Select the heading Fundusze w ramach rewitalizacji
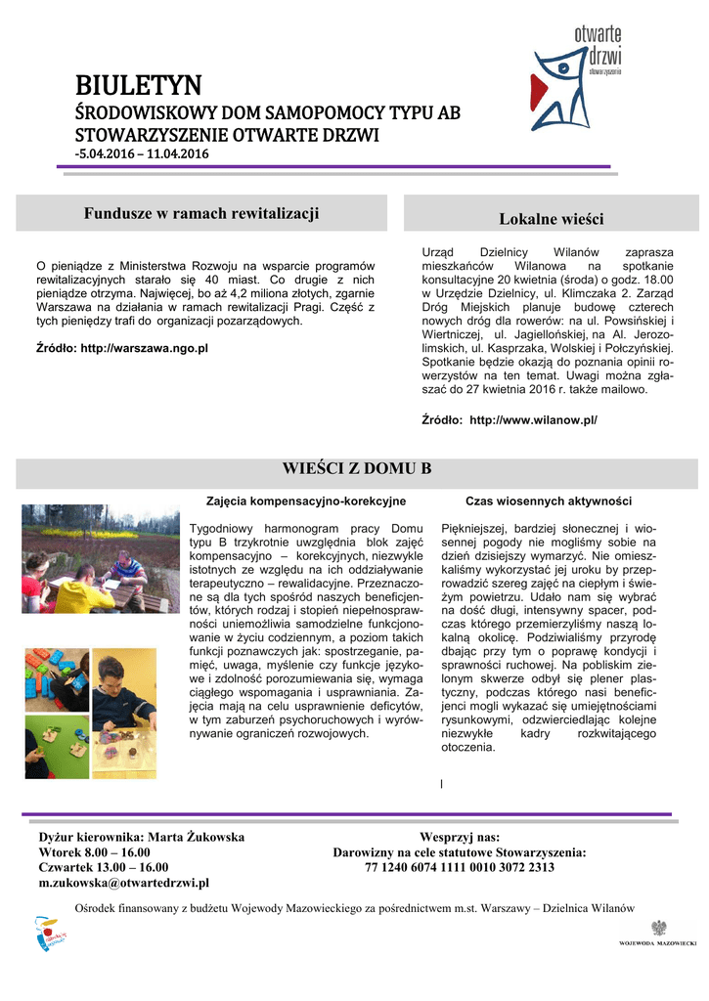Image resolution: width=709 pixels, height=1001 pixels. coord(201,213)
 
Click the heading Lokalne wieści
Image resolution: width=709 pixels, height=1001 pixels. coord(552,218)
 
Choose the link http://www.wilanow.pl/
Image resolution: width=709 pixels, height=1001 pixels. coord(533,419)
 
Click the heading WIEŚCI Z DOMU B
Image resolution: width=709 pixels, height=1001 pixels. coord(356,468)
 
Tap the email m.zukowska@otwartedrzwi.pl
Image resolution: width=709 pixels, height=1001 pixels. coord(123,884)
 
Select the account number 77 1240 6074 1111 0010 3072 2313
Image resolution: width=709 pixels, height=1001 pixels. coord(460,867)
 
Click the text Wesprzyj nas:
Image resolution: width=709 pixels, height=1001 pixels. coord(460,838)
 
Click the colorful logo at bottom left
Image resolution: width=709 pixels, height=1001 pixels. coord(45,934)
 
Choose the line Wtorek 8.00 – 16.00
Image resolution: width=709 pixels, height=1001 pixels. coord(94,852)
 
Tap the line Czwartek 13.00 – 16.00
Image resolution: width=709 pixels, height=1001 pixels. coord(103,867)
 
